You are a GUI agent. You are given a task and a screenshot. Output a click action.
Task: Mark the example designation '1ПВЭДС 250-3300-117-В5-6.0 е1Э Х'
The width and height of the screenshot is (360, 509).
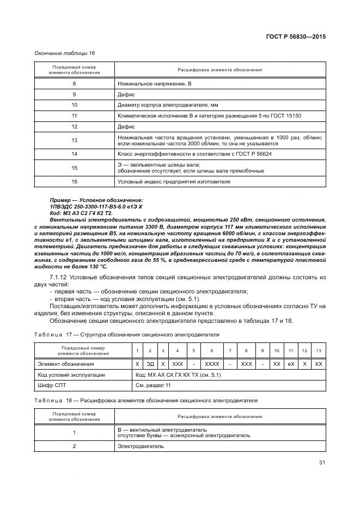(96, 207)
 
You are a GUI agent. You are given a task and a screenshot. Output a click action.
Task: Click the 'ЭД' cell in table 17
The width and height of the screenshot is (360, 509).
(151, 364)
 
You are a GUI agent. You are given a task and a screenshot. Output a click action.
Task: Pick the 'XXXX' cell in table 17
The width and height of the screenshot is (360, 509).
(212, 364)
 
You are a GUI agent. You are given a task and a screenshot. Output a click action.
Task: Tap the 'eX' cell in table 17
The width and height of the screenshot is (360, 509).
(291, 364)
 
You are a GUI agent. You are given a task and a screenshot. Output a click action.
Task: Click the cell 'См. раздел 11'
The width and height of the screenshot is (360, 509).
(153, 385)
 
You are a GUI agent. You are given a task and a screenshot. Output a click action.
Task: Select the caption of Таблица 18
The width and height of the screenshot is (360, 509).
(145, 400)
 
